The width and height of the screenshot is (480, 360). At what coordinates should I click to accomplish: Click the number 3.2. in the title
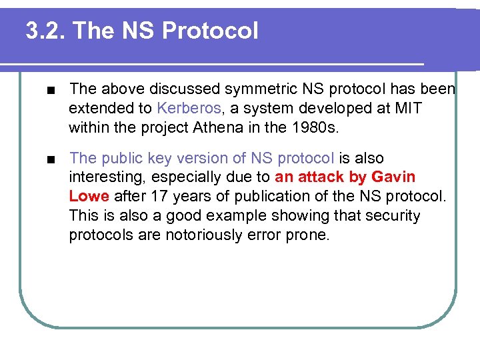45,31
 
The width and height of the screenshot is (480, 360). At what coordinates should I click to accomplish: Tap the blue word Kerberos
189,108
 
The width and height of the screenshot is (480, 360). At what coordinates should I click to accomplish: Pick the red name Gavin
393,177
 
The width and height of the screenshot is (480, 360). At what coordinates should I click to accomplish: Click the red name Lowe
89,197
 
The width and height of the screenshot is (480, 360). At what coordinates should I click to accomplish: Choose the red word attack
321,177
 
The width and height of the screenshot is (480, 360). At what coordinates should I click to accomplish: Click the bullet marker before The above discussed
43,89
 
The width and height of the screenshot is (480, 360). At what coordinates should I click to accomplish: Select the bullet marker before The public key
43,159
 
